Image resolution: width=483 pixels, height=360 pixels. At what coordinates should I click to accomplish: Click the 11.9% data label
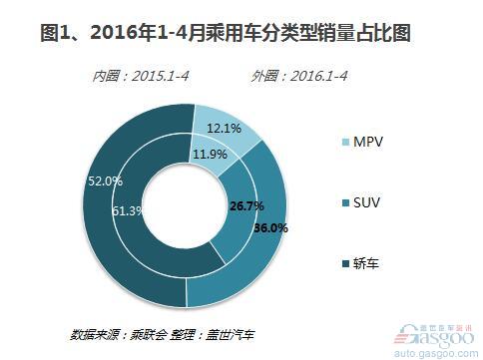[208, 154]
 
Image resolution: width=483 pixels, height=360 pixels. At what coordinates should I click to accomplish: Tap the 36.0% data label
[270, 227]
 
